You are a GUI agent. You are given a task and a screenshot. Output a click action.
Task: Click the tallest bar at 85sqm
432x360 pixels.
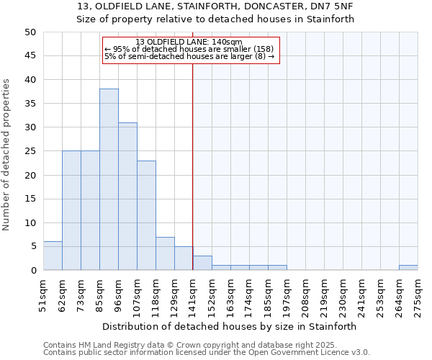(x=109, y=179)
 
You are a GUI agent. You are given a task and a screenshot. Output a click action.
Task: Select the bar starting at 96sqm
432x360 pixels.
(x=127, y=196)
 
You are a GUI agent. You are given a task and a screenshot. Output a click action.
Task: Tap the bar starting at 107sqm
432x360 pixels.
(x=146, y=215)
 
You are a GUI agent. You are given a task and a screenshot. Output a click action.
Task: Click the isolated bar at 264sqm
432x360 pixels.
(x=408, y=268)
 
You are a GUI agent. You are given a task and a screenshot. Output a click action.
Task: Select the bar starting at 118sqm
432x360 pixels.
(x=165, y=253)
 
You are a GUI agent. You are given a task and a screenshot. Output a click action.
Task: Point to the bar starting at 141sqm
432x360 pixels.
(x=202, y=263)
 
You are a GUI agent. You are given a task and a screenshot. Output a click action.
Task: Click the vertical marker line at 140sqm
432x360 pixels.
(x=192, y=166)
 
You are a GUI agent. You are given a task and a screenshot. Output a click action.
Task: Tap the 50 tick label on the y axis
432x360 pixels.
(x=30, y=32)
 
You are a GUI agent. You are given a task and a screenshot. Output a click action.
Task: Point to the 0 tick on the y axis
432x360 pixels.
(x=32, y=271)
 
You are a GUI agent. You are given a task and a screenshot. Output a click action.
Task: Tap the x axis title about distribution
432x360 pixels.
(x=229, y=326)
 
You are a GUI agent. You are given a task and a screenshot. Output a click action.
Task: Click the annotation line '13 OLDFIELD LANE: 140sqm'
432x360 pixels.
(x=189, y=42)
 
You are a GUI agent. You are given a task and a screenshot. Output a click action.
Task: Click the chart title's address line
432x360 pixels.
(x=215, y=6)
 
